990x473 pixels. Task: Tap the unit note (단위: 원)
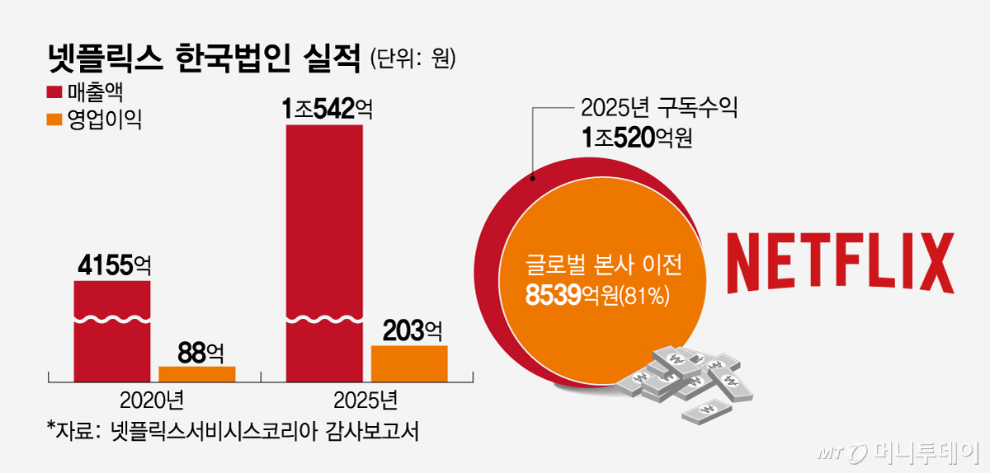tap(413, 59)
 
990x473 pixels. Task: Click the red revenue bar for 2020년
tap(112, 330)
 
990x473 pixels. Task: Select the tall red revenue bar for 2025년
tap(323, 247)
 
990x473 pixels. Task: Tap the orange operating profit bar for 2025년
tap(409, 363)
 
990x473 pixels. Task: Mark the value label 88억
tap(197, 352)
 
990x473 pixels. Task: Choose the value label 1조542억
tap(324, 109)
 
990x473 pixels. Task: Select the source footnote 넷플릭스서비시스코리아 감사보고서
tap(233, 431)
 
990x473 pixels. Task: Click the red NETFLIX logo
tap(840, 262)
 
